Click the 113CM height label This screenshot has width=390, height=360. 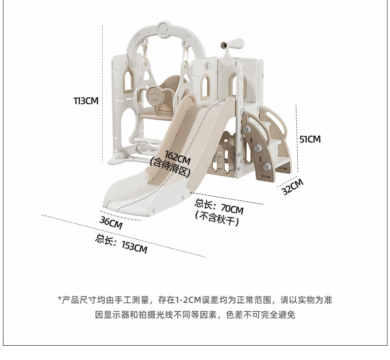(86, 101)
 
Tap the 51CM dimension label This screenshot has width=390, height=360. (310, 140)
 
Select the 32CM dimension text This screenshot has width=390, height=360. (292, 187)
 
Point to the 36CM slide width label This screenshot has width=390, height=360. (111, 223)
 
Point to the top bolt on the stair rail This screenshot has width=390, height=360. (246, 129)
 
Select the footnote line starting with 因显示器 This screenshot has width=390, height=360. (195, 315)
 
